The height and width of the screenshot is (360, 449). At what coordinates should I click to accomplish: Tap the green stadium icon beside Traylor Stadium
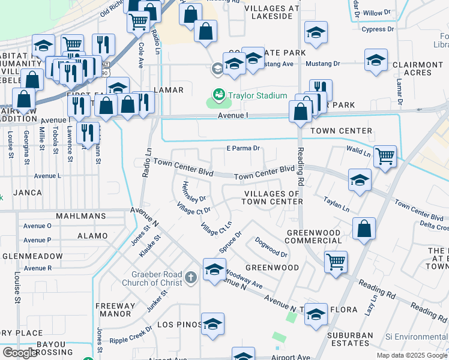[x=218, y=95]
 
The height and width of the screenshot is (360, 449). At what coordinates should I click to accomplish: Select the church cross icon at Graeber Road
[x=191, y=277]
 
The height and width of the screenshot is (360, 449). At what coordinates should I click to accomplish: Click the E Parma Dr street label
[x=243, y=148]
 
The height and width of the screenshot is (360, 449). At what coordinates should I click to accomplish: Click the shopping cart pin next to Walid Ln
[x=385, y=156]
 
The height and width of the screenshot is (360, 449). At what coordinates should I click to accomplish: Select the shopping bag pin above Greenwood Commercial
[x=364, y=229]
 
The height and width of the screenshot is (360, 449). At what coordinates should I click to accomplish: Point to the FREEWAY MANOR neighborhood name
[x=116, y=309]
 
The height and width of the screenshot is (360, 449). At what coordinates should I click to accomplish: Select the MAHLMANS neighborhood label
[x=81, y=215]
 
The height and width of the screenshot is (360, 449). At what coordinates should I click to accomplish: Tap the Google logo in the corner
[x=20, y=353]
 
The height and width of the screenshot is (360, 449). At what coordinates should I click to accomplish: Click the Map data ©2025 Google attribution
[x=412, y=355]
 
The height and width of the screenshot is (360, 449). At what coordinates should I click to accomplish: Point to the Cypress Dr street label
[x=378, y=29]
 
